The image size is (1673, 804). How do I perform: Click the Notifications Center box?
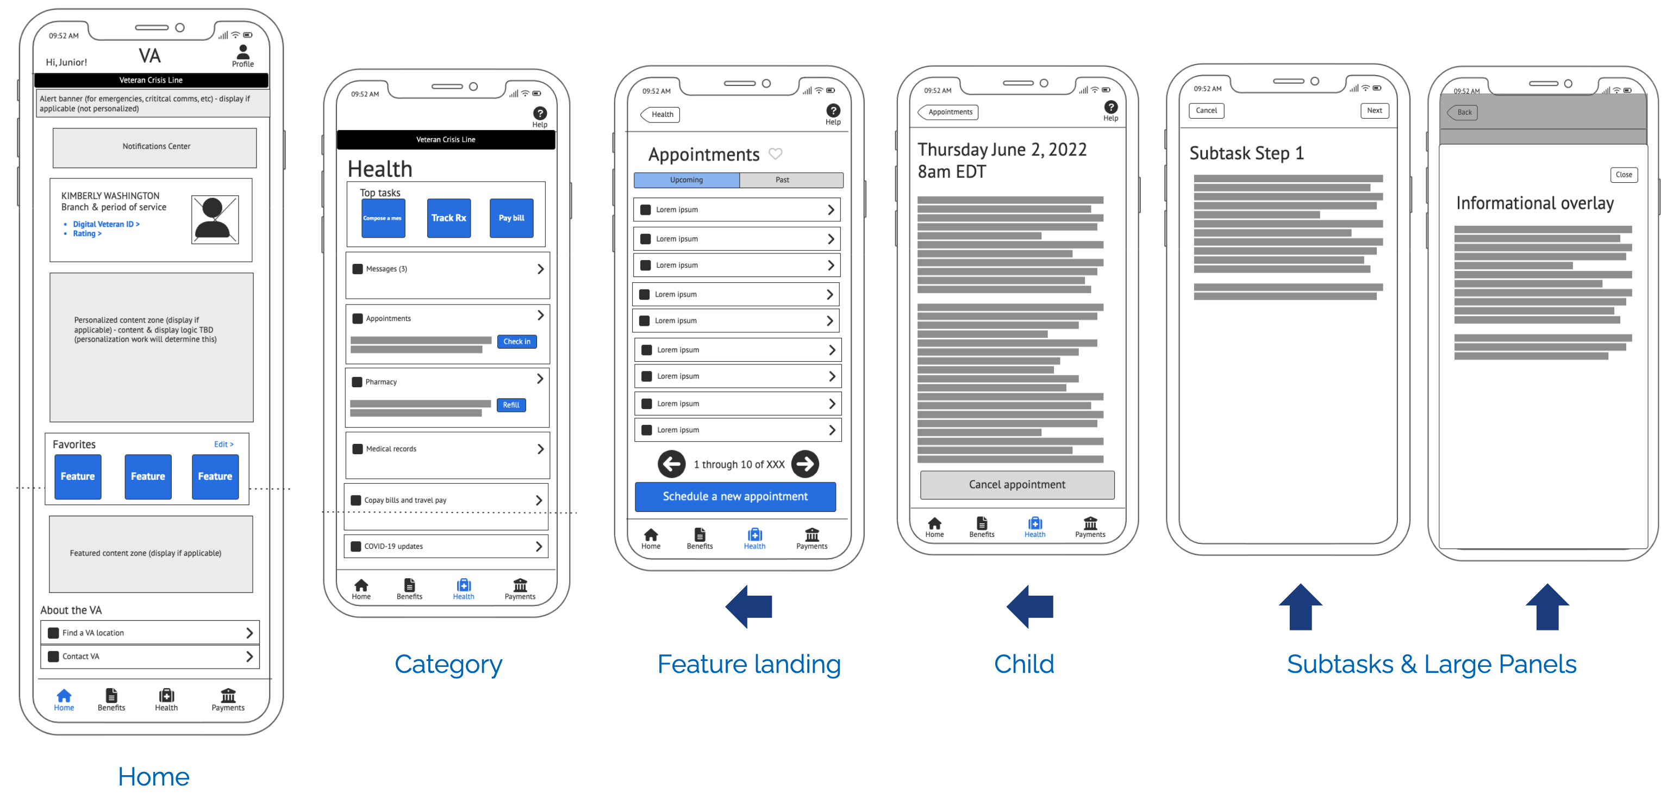pos(155,147)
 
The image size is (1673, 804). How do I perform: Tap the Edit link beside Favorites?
pos(223,444)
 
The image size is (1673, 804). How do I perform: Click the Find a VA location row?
pos(150,633)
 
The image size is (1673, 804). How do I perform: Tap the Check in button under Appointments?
pos(517,342)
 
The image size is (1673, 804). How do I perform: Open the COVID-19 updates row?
pos(446,547)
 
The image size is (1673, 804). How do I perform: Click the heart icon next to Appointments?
pos(776,154)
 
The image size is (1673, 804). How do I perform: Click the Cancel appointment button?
pos(1017,485)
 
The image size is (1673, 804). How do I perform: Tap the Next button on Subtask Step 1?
pos(1374,110)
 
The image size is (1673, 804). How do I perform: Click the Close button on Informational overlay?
pos(1624,175)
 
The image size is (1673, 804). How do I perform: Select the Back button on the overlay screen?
pos(1463,113)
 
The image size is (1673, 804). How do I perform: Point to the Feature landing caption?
pos(749,664)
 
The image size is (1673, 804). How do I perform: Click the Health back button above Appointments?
pos(661,114)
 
